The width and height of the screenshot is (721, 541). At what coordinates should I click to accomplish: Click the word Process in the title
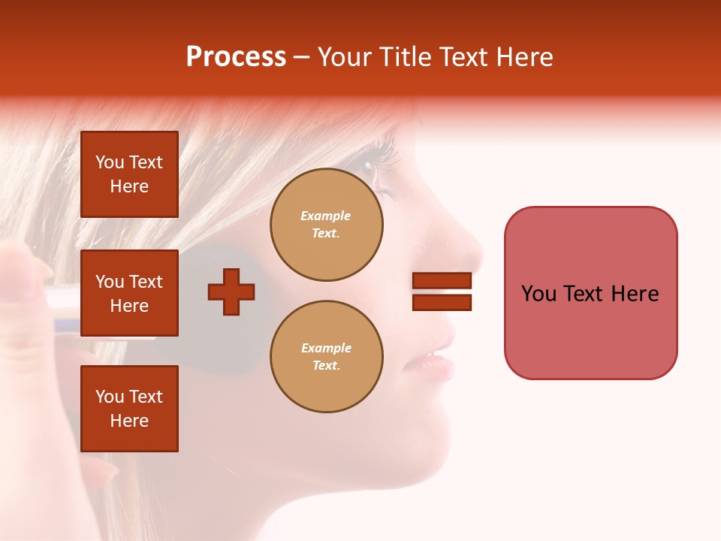pos(236,57)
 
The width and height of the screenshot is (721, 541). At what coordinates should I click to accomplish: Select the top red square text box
pos(129,174)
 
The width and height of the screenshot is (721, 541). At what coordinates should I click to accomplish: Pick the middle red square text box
pos(129,293)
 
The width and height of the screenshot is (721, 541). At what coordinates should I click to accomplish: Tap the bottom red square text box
pos(129,409)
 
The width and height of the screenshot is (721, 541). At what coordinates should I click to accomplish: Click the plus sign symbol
pos(231,292)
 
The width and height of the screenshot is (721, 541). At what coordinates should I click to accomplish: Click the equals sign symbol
pos(442,292)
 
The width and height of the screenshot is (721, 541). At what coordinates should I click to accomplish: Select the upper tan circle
pos(326,225)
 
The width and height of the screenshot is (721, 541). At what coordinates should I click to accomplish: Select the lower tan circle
pos(326,356)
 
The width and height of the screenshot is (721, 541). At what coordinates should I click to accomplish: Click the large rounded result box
pos(590,293)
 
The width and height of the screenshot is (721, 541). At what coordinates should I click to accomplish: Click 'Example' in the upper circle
pos(326,216)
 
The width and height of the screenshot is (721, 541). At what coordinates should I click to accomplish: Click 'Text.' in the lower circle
pos(326,365)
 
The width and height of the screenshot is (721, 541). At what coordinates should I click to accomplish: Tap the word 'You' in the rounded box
pos(539,294)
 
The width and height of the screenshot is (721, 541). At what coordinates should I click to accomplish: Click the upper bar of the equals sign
pos(442,281)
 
